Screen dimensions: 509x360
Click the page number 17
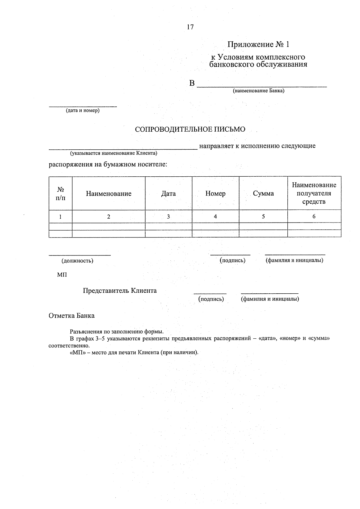click(190, 27)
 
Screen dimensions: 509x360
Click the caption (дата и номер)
click(83, 111)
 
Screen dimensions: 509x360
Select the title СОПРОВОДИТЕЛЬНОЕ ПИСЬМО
click(190, 129)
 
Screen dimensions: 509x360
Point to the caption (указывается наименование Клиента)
click(114, 153)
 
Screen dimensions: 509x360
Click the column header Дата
click(168, 193)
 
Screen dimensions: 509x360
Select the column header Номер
click(215, 193)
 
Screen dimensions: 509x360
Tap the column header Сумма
click(263, 193)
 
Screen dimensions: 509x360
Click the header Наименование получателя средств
click(314, 193)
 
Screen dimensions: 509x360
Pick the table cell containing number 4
click(215, 216)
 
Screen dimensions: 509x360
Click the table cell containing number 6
click(314, 216)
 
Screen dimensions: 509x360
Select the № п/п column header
click(61, 193)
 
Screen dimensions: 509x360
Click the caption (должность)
click(77, 261)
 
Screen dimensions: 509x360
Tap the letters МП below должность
click(62, 275)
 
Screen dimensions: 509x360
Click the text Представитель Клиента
click(120, 291)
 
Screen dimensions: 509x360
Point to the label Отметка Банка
click(71, 316)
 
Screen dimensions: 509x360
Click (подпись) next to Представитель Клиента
click(211, 299)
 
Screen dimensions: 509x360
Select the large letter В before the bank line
click(192, 83)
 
